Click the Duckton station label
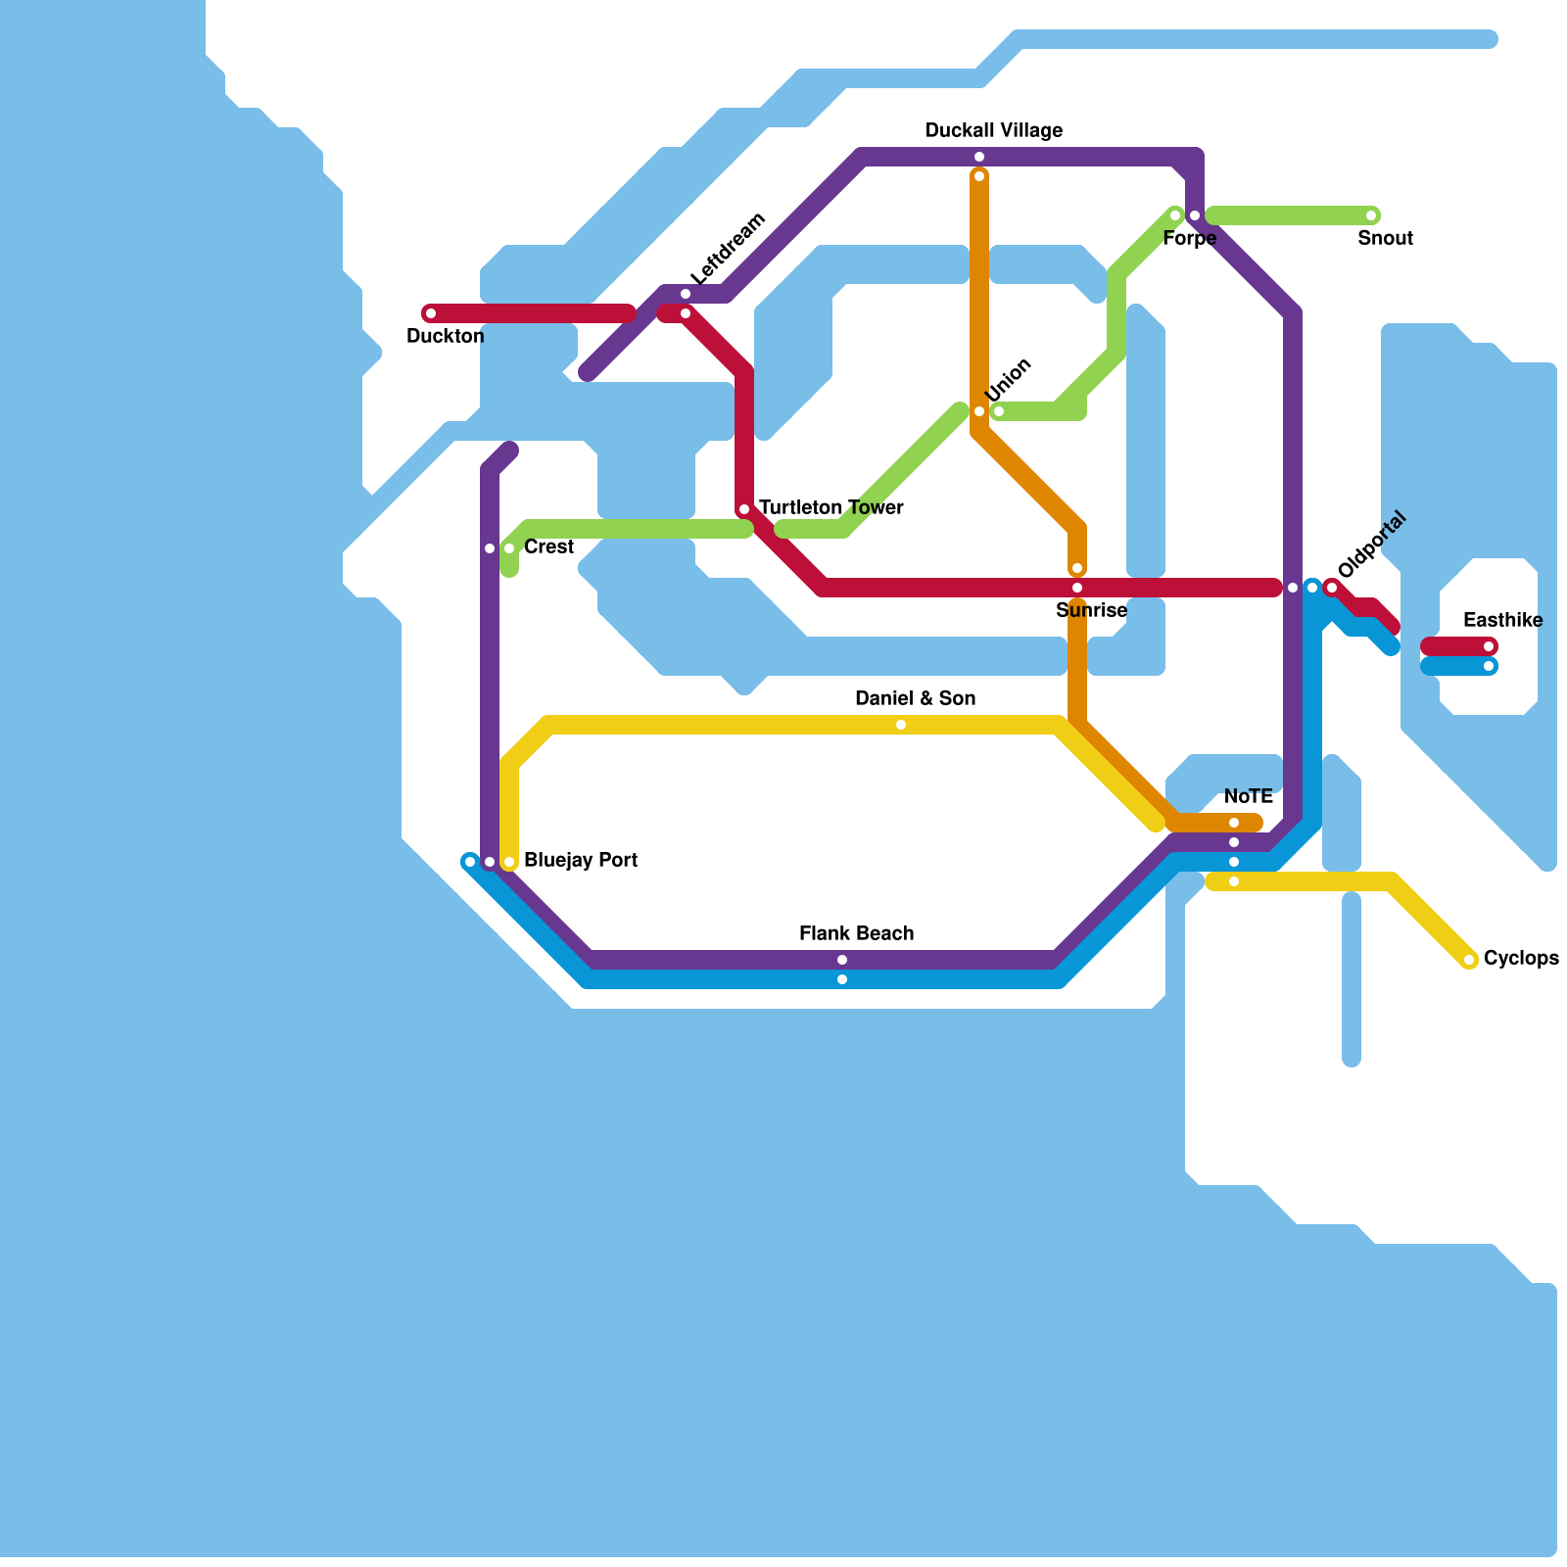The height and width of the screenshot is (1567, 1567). (x=445, y=336)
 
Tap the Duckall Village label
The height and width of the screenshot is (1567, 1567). (x=994, y=130)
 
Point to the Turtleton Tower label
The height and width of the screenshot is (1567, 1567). (x=831, y=507)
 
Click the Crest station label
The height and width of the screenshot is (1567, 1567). (x=548, y=546)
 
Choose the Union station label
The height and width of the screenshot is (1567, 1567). (x=1009, y=379)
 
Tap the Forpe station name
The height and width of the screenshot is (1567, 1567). (x=1189, y=238)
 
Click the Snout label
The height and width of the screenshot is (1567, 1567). (x=1385, y=238)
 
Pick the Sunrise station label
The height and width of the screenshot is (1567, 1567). (x=1091, y=610)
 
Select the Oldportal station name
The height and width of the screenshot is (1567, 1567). (x=1371, y=545)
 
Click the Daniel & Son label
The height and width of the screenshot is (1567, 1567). (x=915, y=698)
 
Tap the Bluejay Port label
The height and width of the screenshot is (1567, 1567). (x=581, y=860)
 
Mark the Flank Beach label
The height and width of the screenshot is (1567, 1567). (x=856, y=933)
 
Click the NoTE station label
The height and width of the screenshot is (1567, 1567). (x=1248, y=796)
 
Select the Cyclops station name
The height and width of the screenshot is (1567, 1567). (x=1521, y=958)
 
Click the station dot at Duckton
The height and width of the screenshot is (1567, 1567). (x=431, y=313)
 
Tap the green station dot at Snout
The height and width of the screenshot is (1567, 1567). (x=1371, y=215)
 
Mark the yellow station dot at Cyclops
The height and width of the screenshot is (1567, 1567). (x=1469, y=960)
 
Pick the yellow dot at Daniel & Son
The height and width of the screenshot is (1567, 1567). (x=901, y=725)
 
